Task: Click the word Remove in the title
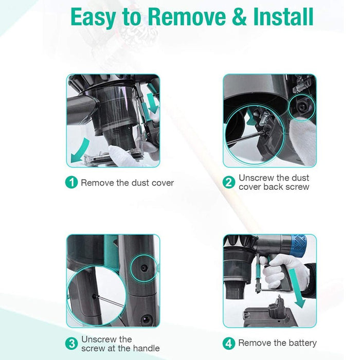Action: (187, 17)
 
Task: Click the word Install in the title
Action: (283, 17)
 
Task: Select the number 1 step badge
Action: (71, 183)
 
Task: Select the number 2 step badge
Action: (229, 182)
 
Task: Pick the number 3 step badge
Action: (71, 344)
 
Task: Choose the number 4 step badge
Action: (229, 344)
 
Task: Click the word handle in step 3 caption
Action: (147, 348)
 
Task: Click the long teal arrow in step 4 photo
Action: (297, 288)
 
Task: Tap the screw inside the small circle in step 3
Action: (144, 267)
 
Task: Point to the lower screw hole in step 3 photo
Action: (146, 319)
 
